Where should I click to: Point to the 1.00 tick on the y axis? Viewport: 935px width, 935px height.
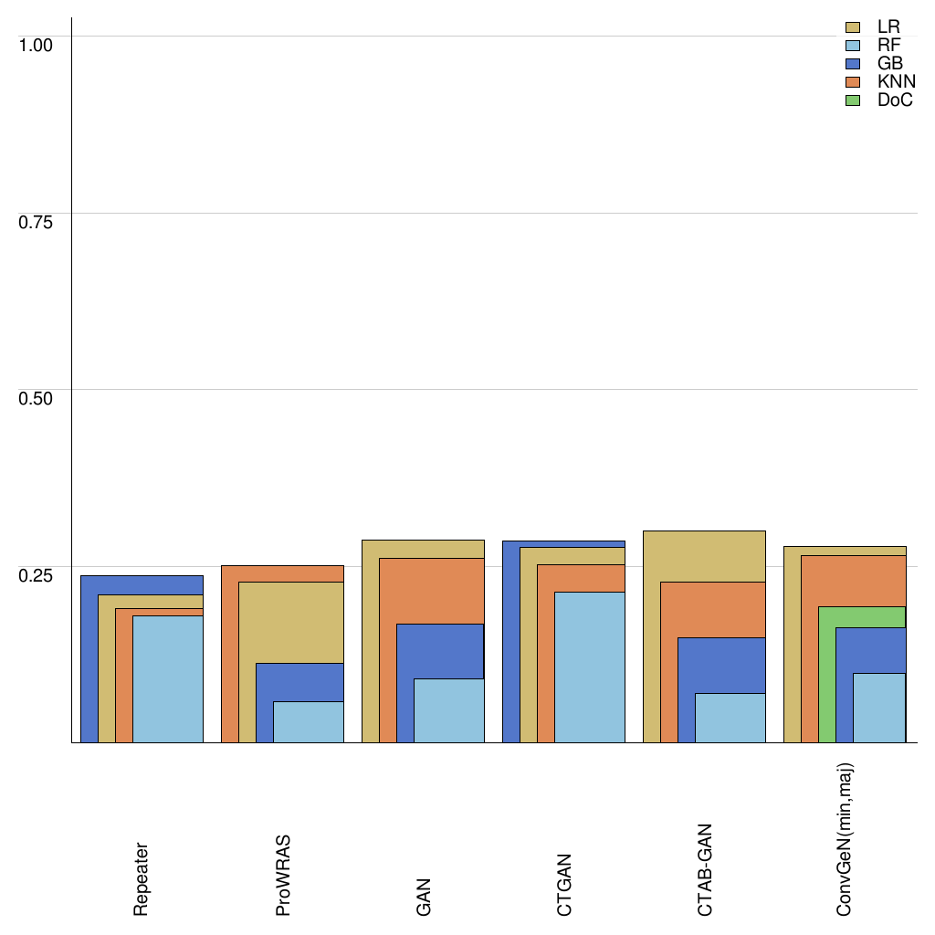37,44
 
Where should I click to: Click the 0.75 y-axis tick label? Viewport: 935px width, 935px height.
37,221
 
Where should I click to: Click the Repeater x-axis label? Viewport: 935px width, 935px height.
142,878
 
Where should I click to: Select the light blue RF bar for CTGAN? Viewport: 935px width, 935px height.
590,667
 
